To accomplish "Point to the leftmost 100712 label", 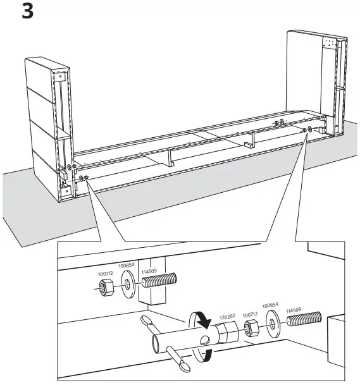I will [x=106, y=274].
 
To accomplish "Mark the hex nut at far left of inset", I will [x=107, y=288].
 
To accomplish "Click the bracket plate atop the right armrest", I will [x=330, y=45].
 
